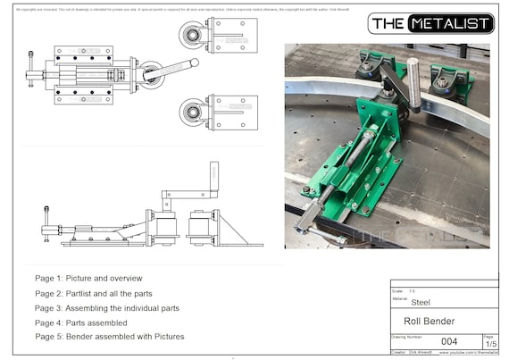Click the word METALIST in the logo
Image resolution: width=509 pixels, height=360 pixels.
tap(450, 24)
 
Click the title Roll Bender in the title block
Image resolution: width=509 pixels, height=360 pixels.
tap(429, 322)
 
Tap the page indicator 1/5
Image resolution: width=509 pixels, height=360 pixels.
tap(490, 344)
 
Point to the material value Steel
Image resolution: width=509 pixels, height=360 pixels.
tap(420, 302)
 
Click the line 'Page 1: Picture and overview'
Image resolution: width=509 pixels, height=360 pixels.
tap(88, 279)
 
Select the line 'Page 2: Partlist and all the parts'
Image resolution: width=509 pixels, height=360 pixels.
tap(94, 293)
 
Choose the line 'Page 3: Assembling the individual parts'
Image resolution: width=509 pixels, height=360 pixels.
tap(107, 307)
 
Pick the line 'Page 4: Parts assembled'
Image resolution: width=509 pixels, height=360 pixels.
tap(81, 322)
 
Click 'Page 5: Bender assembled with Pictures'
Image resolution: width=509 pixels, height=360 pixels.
tap(109, 337)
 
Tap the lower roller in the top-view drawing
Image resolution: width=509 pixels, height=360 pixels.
tap(190, 113)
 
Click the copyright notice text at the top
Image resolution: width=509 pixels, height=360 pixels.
tap(179, 8)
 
